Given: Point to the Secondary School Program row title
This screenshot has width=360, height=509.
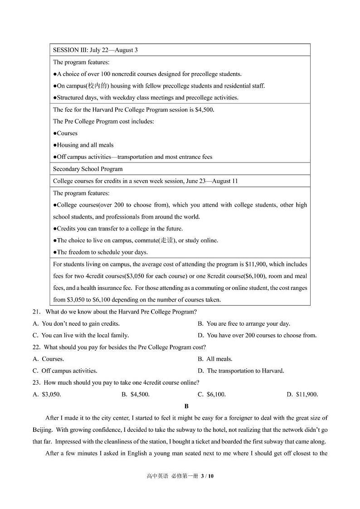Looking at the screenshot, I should point(88,169).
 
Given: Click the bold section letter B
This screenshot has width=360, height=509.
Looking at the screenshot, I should point(186,406).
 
